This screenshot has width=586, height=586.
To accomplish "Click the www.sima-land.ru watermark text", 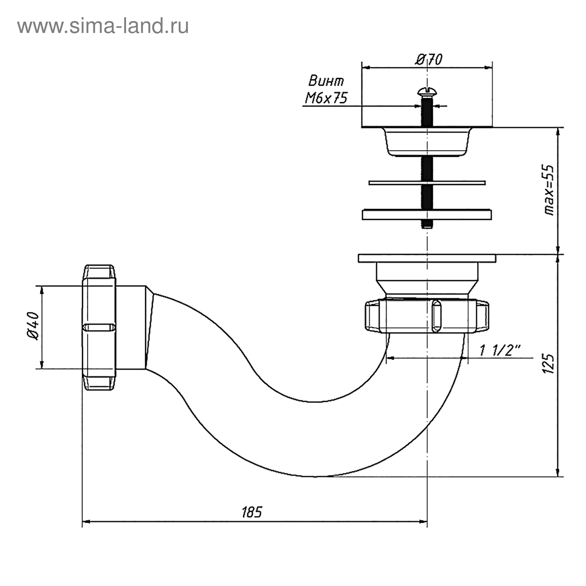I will tap(103, 26).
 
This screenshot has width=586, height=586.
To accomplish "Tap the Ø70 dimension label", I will tap(429, 59).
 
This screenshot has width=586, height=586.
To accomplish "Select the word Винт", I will tap(326, 81).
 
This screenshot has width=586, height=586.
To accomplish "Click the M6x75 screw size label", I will tap(326, 98).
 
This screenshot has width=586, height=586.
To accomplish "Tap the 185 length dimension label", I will tap(252, 512).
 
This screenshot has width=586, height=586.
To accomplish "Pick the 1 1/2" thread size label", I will tap(500, 351).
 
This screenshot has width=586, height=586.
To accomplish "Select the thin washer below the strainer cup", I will tap(427, 182).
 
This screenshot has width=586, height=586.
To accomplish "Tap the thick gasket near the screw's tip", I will tap(427, 214).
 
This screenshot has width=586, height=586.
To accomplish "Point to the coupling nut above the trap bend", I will tap(427, 316).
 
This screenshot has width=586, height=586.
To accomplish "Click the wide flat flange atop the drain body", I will tap(427, 258).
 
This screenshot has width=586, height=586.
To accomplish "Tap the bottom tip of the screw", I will tap(427, 227).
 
